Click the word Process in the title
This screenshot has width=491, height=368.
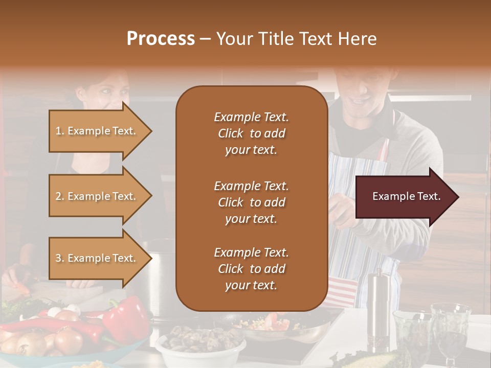[161, 39]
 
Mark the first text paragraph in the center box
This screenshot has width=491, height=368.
[251, 133]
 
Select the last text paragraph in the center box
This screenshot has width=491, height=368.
[251, 269]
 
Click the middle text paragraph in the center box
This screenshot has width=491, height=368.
[251, 202]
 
